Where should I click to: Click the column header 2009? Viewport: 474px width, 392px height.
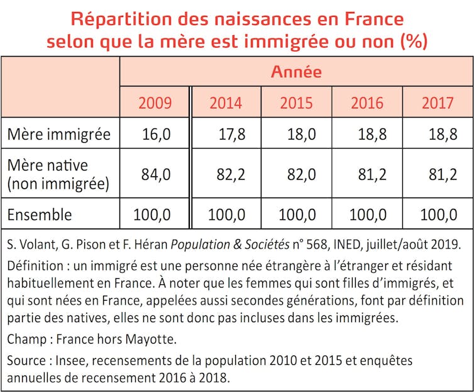click(x=154, y=102)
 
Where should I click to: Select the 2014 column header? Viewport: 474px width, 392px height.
click(x=226, y=102)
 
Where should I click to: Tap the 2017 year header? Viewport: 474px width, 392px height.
click(x=438, y=102)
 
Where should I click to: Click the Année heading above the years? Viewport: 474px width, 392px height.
click(x=296, y=72)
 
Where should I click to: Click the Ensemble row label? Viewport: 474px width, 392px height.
click(x=40, y=215)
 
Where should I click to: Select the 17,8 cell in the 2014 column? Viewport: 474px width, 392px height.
click(x=229, y=134)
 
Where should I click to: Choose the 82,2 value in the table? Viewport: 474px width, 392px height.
click(x=229, y=174)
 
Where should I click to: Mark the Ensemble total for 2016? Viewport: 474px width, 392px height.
click(x=367, y=215)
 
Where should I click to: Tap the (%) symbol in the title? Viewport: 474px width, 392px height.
click(x=413, y=42)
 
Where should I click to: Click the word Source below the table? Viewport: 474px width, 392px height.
click(x=26, y=361)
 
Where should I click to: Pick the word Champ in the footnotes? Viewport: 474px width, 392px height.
click(x=26, y=340)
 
